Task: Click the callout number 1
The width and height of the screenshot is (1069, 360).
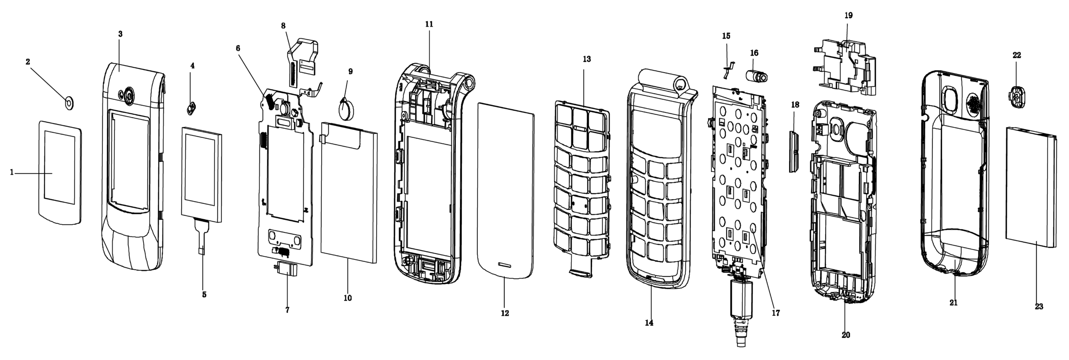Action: (x=12, y=172)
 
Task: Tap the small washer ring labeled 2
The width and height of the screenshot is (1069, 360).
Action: (x=69, y=101)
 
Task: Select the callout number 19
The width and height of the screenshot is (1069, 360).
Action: (x=849, y=16)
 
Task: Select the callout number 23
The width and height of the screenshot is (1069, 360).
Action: (x=1039, y=307)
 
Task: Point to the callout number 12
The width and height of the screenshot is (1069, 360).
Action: (x=505, y=313)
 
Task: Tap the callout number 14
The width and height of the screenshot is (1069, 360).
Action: (x=649, y=323)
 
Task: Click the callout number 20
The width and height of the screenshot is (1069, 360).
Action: (x=846, y=335)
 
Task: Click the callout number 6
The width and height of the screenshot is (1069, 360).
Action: (x=238, y=48)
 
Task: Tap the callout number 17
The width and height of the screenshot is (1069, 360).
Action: (x=776, y=313)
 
